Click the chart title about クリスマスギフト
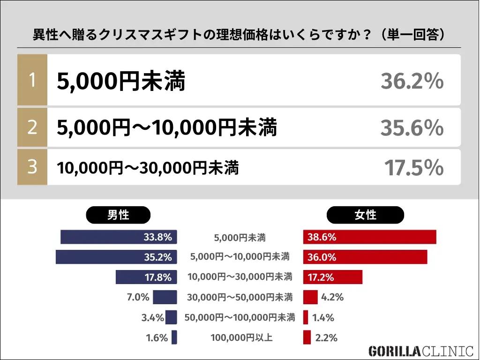239,35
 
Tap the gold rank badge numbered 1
32,80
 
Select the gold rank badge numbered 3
32,167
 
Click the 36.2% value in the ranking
412,82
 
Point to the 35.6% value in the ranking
412,127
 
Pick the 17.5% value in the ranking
413,168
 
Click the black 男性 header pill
118,215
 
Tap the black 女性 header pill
365,215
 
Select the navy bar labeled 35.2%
116,257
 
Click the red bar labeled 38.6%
369,237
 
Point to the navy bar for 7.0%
165,297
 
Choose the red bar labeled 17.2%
333,277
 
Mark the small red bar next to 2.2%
307,337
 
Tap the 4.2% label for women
332,297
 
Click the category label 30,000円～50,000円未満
240,297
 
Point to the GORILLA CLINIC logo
420,351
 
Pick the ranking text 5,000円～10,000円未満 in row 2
167,127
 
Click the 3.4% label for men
152,317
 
